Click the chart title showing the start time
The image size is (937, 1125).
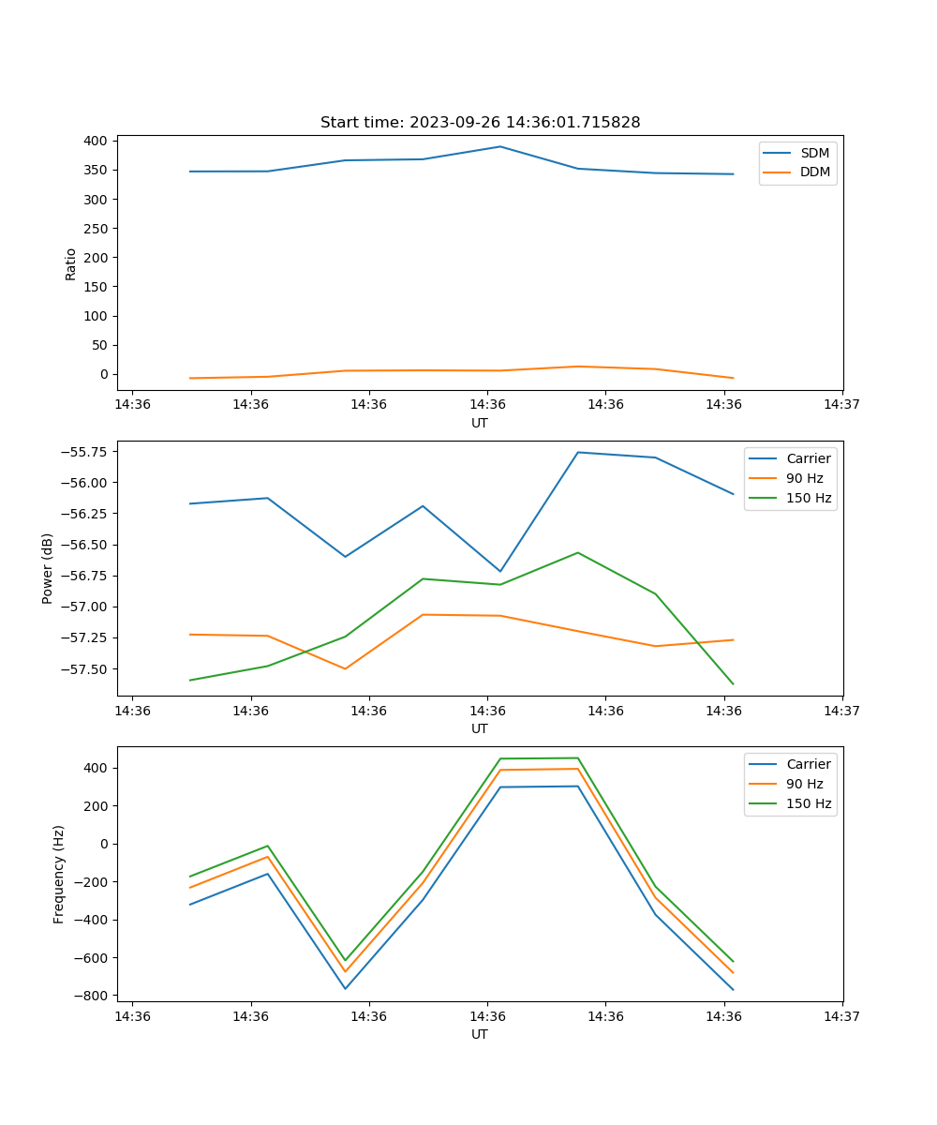(480, 123)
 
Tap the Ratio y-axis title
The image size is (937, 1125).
(71, 263)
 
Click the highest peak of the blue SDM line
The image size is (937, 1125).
(500, 146)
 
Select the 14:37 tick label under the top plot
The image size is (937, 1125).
(841, 405)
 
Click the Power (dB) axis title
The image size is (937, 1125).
(48, 568)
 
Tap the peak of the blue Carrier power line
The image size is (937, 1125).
(578, 452)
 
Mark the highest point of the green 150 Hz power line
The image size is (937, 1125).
(578, 552)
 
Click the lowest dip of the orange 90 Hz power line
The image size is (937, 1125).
(345, 668)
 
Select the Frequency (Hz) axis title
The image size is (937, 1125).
(59, 874)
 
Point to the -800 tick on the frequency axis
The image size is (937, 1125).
(92, 996)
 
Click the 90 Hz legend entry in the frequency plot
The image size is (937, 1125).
(804, 784)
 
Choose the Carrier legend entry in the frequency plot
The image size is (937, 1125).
(808, 764)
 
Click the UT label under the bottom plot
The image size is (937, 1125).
(480, 1034)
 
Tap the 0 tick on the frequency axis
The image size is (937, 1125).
(104, 844)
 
